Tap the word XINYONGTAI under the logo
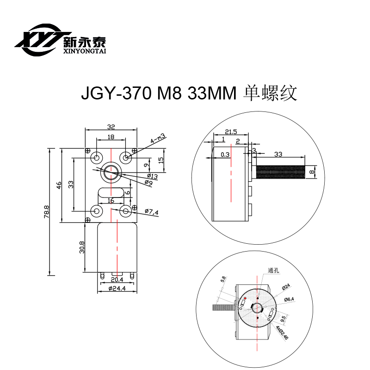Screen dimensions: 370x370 coord(84,52)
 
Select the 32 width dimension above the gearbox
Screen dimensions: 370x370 coord(111,125)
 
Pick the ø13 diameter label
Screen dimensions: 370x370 coord(152,176)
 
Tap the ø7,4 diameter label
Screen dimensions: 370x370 coord(151,212)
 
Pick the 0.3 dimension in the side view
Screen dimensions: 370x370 coord(225,154)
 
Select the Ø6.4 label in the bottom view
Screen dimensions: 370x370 coord(290,299)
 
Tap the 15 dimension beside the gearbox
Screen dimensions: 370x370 coord(160,159)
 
